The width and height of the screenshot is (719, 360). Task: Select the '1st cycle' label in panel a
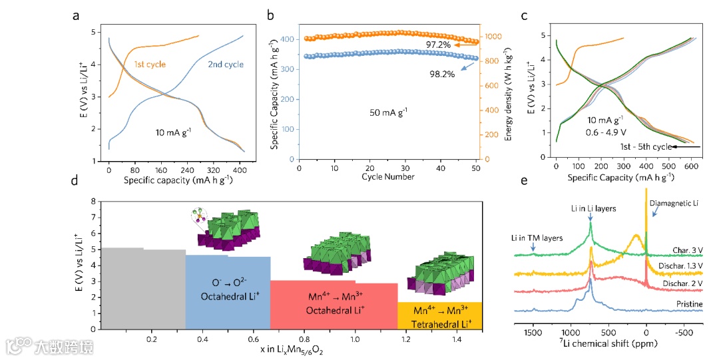150,65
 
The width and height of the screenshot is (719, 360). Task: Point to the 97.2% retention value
439,45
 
